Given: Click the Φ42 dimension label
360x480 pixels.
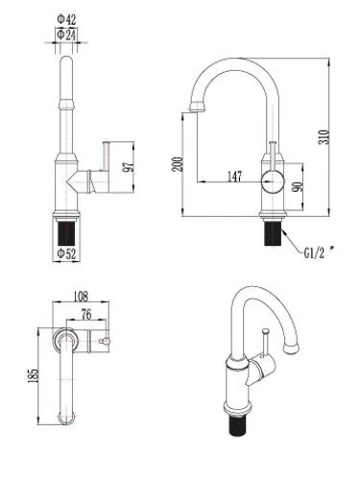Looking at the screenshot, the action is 66,19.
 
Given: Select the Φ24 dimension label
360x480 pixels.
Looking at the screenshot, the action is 66,35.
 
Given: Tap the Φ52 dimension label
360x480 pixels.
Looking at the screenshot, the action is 67,253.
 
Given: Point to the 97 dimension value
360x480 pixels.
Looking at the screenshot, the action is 128,167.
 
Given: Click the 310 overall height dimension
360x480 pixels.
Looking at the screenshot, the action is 324,137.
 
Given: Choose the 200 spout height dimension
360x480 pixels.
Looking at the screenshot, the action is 178,164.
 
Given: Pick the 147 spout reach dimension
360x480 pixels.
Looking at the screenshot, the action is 235,177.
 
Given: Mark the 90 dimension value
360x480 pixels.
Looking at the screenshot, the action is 298,187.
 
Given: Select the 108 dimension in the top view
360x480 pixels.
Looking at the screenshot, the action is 81,297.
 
